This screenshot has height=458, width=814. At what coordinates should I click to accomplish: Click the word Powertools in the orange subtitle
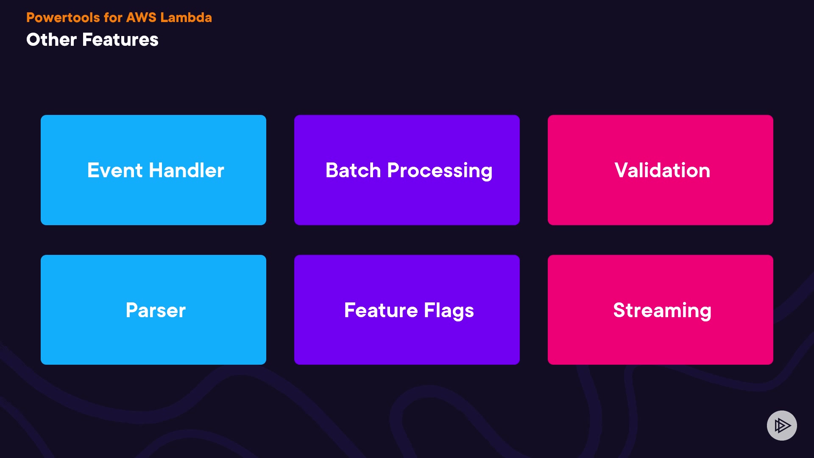coord(63,17)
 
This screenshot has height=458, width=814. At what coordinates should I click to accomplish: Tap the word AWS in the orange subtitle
coord(141,17)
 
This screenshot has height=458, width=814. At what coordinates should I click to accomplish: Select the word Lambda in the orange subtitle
coord(186,17)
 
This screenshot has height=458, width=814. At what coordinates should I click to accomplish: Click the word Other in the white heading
coord(51,39)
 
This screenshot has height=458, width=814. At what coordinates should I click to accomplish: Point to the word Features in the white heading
coord(120,39)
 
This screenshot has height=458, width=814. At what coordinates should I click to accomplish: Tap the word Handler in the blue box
coord(186,170)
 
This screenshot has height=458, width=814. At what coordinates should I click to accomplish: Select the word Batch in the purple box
coord(353,170)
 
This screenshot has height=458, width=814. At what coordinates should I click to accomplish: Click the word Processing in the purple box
coord(440,171)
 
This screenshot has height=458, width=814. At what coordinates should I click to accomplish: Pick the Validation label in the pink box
coord(662,170)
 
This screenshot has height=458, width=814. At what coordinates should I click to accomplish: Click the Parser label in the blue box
coord(156,310)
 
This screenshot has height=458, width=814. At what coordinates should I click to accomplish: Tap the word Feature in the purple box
coord(381,310)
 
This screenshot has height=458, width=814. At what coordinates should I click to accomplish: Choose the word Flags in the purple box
coord(449,311)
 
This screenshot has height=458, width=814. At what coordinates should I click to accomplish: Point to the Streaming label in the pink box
coord(662,311)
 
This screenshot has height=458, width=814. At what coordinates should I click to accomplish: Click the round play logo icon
coord(782,425)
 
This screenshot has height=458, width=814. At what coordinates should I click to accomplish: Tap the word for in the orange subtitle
coord(113,17)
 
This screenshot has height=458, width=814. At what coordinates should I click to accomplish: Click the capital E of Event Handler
coord(94,170)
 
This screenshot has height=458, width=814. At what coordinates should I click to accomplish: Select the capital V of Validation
coord(622,170)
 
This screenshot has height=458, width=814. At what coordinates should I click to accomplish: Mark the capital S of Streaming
coord(620,310)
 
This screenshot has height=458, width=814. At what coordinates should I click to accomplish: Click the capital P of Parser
coord(133,310)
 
